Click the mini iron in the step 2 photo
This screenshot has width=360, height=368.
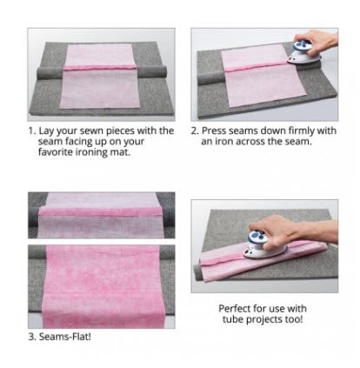pos(304,53)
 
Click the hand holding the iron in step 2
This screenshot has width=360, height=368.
pos(318,41)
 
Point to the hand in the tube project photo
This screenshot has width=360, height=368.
pos(293,232)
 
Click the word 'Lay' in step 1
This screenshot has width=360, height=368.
pos(46,131)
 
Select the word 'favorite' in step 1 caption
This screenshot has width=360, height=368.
pos(56,152)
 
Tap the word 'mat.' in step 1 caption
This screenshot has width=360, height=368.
pos(120,152)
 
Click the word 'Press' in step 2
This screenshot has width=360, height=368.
pos(214,130)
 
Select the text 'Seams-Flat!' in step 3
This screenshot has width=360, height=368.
pos(65,337)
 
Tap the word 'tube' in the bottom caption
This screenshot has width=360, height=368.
pos(233,319)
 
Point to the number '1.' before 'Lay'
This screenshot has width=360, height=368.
pos(32,130)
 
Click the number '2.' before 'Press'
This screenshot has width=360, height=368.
pos(195,130)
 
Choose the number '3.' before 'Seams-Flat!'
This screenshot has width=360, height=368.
pos(32,337)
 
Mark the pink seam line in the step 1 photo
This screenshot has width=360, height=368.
pos(100,68)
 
